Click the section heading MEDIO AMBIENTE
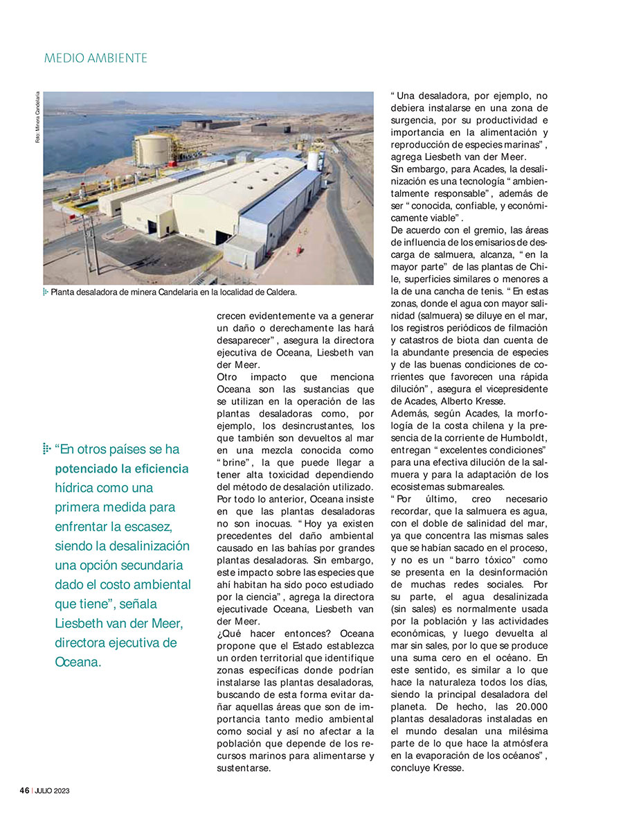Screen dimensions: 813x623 pyautogui.click(x=96, y=58)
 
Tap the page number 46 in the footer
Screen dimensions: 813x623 pyautogui.click(x=24, y=790)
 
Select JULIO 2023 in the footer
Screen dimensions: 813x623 pyautogui.click(x=51, y=790)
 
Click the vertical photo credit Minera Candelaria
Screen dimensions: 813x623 pyautogui.click(x=37, y=118)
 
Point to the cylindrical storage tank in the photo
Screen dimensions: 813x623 pyautogui.click(x=153, y=150)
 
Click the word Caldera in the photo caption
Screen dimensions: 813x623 pyautogui.click(x=280, y=292)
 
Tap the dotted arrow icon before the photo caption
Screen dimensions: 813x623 pyautogui.click(x=46, y=292)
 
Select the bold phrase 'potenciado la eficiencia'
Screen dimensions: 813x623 pyautogui.click(x=121, y=469)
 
